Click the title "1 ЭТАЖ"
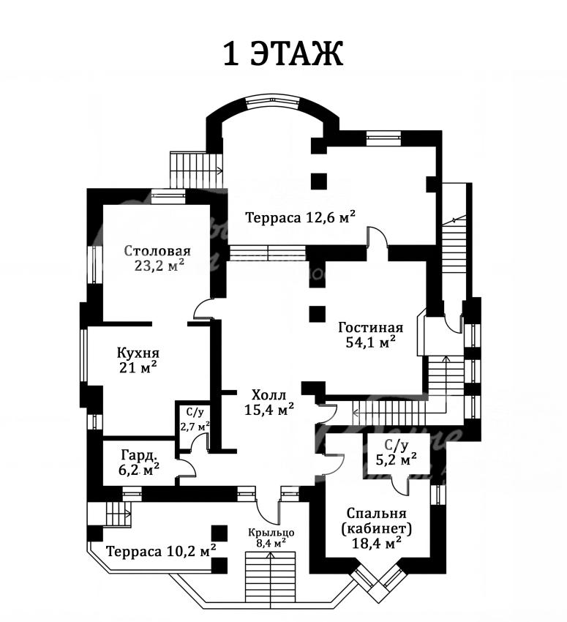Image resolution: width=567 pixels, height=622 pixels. click(283, 53)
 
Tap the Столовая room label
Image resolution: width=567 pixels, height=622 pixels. click(157, 251)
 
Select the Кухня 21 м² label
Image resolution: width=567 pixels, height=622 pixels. click(138, 360)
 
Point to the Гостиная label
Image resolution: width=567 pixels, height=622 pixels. click(371, 328)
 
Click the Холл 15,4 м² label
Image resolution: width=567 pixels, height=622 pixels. click(269, 402)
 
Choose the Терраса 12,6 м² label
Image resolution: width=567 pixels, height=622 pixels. click(300, 217)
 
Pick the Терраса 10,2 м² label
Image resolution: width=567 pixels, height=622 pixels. click(161, 552)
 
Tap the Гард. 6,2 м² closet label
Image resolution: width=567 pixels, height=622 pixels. click(139, 462)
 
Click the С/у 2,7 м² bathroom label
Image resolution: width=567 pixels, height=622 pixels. click(195, 420)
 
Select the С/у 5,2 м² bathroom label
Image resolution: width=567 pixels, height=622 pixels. click(396, 453)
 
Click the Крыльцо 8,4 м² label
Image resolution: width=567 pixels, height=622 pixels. click(271, 538)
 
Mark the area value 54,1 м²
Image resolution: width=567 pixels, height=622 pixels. click(371, 342)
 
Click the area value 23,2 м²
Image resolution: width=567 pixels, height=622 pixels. click(159, 265)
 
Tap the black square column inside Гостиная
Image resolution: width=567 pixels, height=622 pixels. click(318, 314)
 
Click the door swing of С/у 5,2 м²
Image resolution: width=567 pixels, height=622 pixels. click(400, 484)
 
